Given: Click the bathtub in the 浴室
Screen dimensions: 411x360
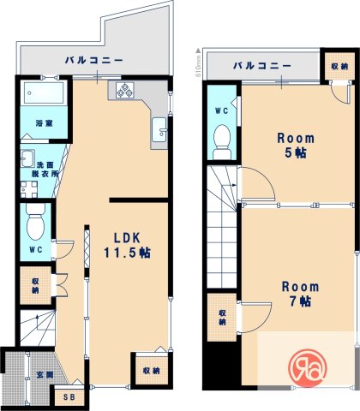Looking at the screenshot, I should (40, 92).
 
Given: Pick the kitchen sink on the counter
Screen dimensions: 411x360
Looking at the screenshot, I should (159, 132).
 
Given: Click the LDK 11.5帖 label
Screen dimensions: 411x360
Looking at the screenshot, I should (126, 245).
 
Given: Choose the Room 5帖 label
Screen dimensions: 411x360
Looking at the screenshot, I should (294, 146).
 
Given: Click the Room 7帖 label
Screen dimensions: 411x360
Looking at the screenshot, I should (299, 294).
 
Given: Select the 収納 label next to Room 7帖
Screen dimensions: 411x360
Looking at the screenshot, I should (223, 316).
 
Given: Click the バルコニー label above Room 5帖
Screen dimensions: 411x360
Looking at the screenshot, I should (261, 66).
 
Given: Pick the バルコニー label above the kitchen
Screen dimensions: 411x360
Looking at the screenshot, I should (94, 61).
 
